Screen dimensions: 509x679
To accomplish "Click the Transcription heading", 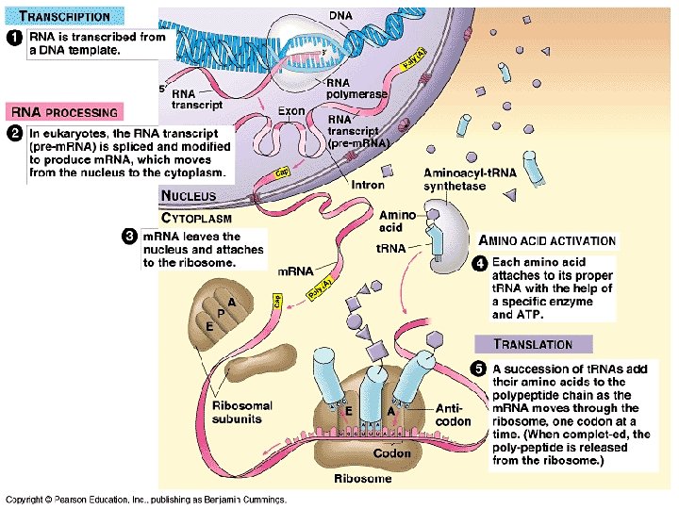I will coord(65,16).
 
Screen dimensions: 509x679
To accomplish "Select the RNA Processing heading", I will coord(64,112).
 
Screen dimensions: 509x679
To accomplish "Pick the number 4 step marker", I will coord(480,263).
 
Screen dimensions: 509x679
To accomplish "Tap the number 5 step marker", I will coord(480,368).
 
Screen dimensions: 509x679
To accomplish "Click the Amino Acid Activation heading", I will coord(548,241).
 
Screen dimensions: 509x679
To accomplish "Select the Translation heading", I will coord(533,344).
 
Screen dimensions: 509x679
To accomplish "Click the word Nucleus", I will coord(189,196).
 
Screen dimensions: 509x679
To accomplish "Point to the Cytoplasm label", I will coord(197,217).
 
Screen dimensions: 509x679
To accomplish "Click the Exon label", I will coord(291,111).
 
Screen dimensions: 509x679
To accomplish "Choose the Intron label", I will coord(367,186).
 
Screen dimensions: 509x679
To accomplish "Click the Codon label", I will coord(391,453).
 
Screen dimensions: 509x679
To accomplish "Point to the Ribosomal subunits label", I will coord(242,412).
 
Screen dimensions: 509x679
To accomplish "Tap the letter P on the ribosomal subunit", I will coord(221,310).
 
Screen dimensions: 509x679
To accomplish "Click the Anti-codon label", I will coord(454,415).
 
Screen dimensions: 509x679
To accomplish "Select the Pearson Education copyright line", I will coord(146,500).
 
